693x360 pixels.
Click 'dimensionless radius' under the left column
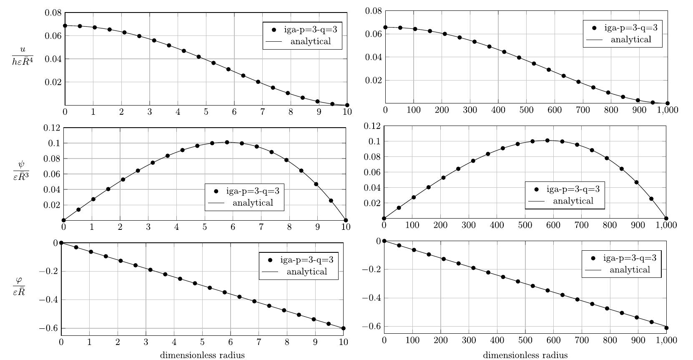click(x=202, y=355)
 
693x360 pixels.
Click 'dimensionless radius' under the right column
click(x=525, y=355)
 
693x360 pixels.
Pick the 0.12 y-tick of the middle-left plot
click(x=52, y=128)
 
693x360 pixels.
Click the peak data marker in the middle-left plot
click(x=227, y=142)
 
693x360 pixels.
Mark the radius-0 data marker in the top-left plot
click(x=65, y=26)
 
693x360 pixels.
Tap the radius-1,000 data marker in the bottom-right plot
click(x=666, y=328)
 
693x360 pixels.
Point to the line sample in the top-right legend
click(x=595, y=40)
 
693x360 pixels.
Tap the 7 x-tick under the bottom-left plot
click(x=259, y=342)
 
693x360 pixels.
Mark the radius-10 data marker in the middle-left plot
click(x=346, y=220)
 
